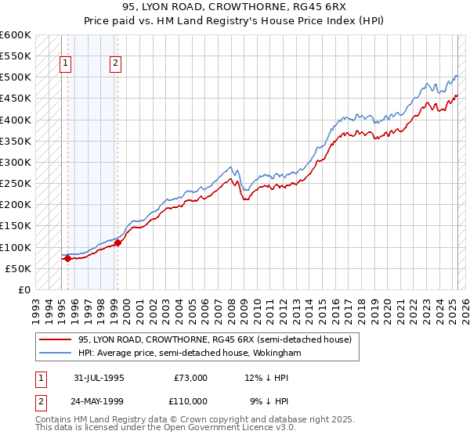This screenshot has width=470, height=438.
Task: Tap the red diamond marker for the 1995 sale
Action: pos(67,258)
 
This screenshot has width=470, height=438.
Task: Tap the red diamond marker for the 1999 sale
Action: pos(117,242)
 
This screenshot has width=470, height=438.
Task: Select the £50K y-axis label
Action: pos(19,268)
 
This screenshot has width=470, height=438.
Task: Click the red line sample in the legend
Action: pos(56,339)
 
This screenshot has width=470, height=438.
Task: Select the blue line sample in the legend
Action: pos(56,354)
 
